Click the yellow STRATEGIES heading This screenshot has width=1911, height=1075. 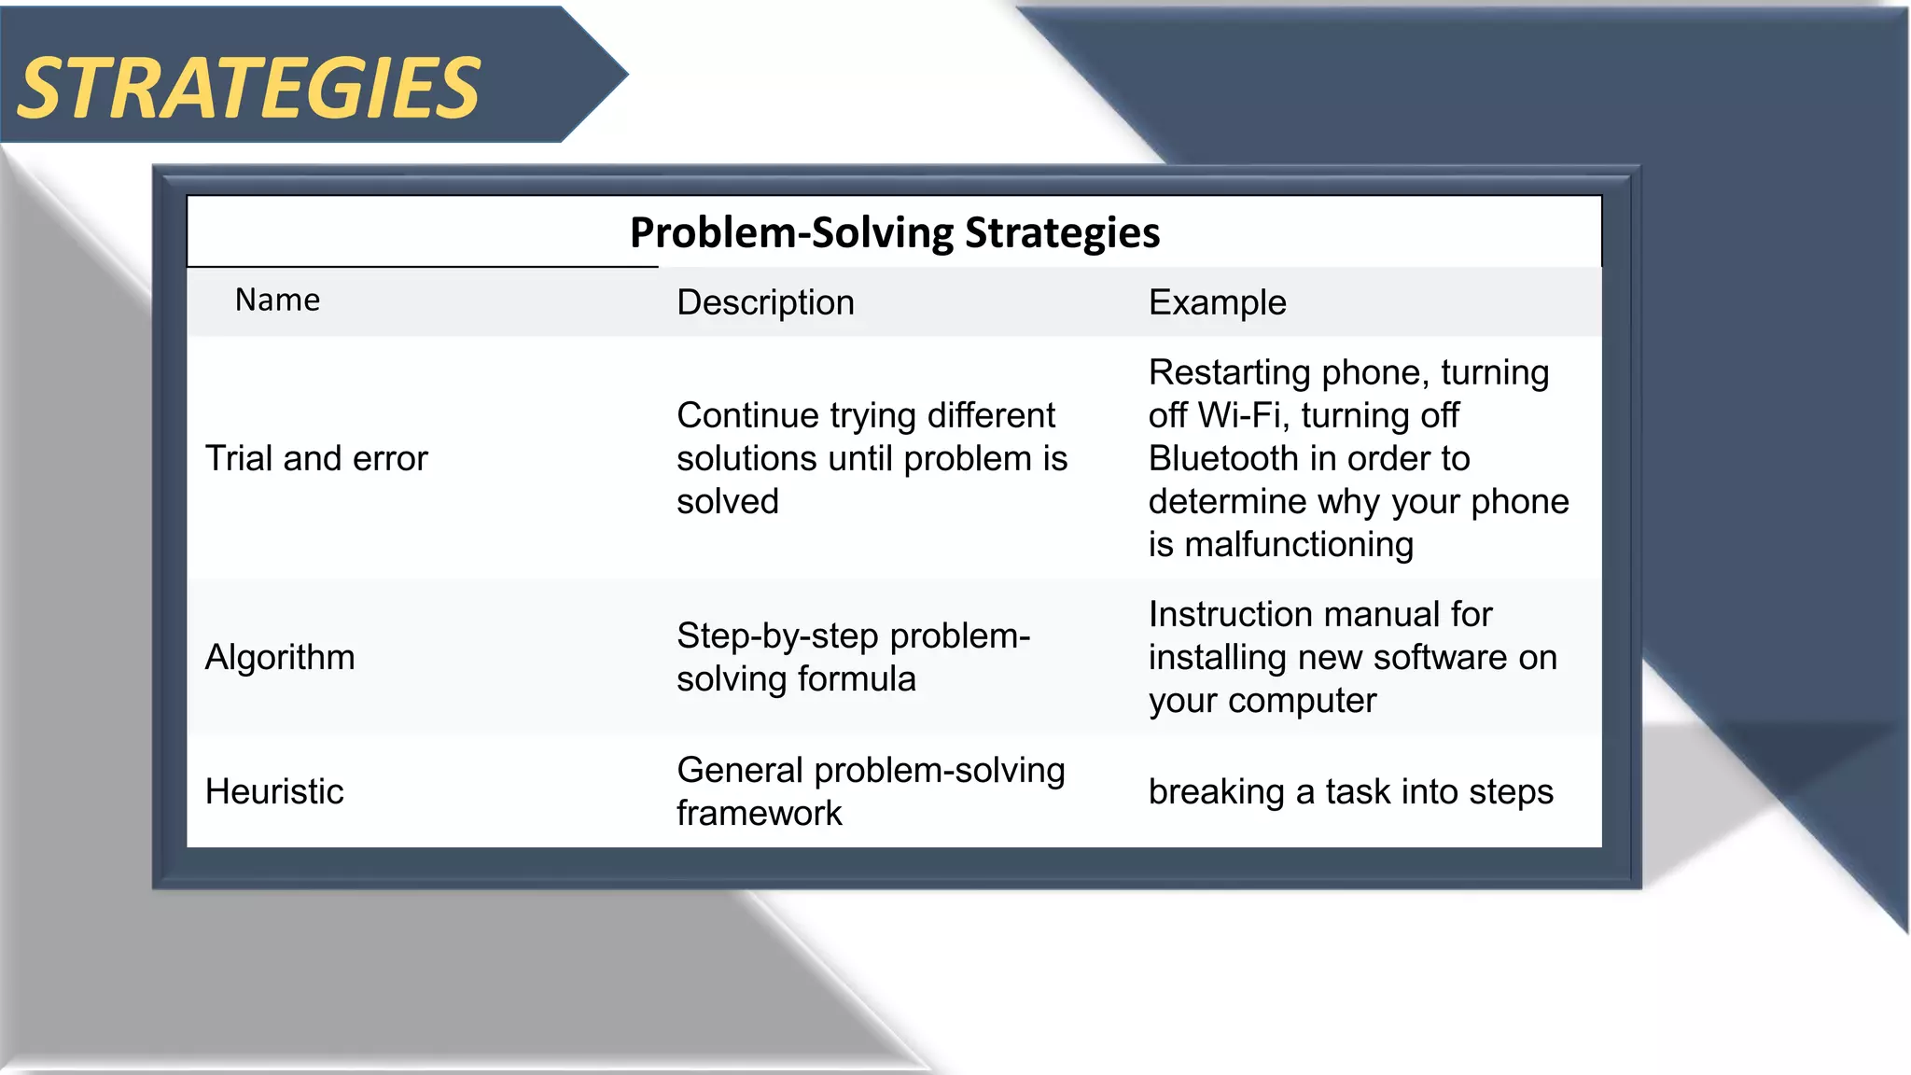(248, 89)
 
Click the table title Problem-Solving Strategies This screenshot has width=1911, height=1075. (894, 232)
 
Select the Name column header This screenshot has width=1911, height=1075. (277, 300)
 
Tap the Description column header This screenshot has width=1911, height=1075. (765, 302)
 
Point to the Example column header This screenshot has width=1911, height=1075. (1217, 302)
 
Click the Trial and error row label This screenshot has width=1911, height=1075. (315, 458)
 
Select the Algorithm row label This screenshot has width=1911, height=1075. (280, 657)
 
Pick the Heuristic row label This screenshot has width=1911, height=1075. (274, 791)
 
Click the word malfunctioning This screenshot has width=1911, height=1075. (1299, 544)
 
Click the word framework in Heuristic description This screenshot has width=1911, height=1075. (759, 813)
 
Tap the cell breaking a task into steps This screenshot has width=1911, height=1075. (1350, 791)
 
